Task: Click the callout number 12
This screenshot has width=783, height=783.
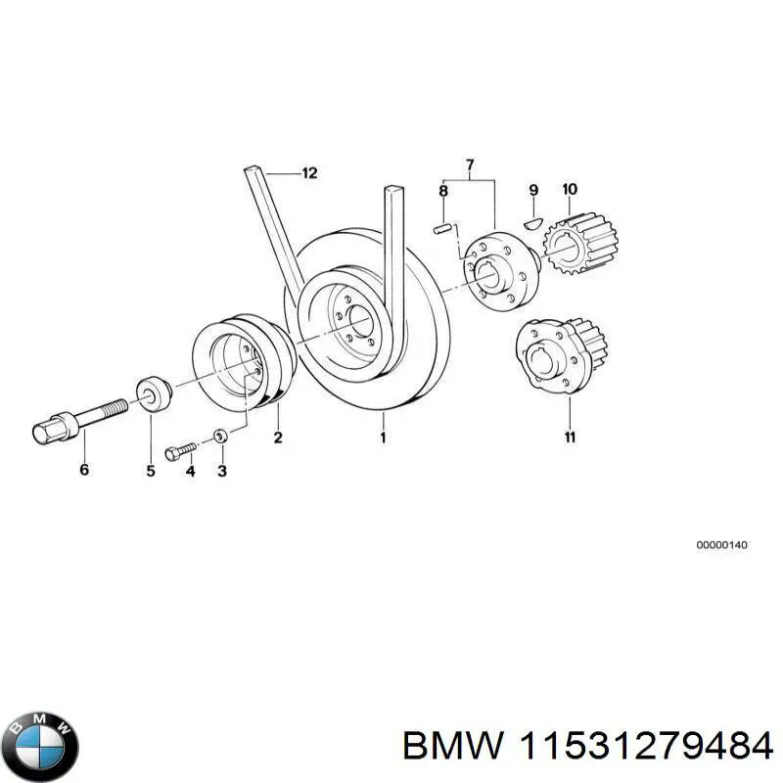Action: [309, 173]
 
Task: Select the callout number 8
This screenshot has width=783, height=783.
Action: [442, 191]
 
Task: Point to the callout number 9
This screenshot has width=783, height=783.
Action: [533, 189]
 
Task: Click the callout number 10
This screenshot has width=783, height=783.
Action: [569, 188]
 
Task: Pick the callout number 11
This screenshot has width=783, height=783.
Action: [569, 437]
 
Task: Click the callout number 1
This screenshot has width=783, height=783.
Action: [383, 438]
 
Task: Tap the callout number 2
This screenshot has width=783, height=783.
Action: [277, 438]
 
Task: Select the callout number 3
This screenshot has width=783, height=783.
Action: [222, 470]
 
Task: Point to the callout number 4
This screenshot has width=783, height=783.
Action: [190, 470]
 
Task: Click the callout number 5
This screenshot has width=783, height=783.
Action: [151, 470]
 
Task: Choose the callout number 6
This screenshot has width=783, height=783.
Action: [84, 470]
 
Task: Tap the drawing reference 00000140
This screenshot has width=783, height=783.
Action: [721, 544]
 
